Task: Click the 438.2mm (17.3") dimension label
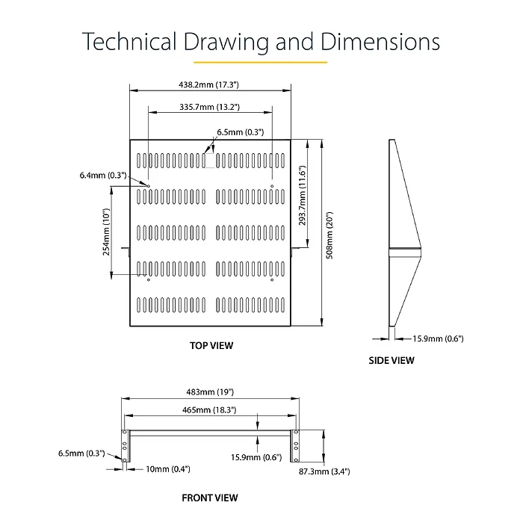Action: pyautogui.click(x=208, y=84)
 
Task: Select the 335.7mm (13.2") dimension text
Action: pyautogui.click(x=209, y=107)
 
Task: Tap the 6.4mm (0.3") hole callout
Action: pyautogui.click(x=103, y=175)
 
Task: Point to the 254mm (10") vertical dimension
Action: pyautogui.click(x=106, y=232)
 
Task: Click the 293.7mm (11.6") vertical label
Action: pyautogui.click(x=302, y=195)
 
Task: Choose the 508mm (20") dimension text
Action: pyautogui.click(x=329, y=235)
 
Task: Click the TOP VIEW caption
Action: pyautogui.click(x=211, y=345)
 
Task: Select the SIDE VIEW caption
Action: pyautogui.click(x=392, y=361)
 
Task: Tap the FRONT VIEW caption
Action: pyautogui.click(x=210, y=498)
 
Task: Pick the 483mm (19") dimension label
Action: pyautogui.click(x=210, y=392)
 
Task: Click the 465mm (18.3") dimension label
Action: pyautogui.click(x=209, y=410)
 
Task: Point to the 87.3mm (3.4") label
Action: pyautogui.click(x=324, y=471)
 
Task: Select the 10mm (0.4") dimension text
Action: pyautogui.click(x=168, y=469)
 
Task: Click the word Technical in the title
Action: pyautogui.click(x=129, y=41)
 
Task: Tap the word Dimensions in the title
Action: pyautogui.click(x=380, y=41)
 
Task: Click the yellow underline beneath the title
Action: pyautogui.click(x=261, y=62)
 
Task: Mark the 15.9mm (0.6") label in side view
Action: pyautogui.click(x=438, y=338)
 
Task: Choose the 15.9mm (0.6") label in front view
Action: pyautogui.click(x=256, y=457)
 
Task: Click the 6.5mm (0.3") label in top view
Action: pyautogui.click(x=241, y=132)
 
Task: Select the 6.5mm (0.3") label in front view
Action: pyautogui.click(x=81, y=454)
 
